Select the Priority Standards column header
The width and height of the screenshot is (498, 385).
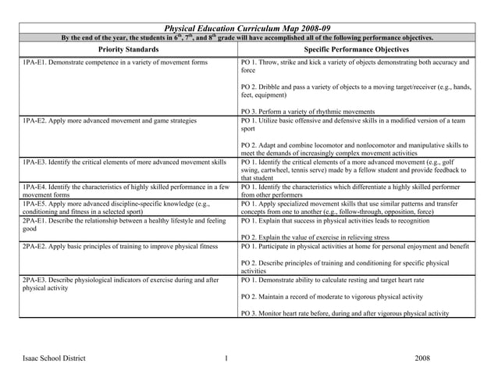tap(129, 49)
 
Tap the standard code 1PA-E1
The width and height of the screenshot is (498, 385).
tap(34, 62)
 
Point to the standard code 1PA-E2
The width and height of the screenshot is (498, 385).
tap(34, 121)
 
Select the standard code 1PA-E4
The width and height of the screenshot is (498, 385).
tap(34, 187)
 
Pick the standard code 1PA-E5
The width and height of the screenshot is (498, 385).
tap(34, 203)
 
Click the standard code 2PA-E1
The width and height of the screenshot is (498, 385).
tap(34, 220)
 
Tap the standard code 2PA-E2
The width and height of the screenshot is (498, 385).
tap(34, 246)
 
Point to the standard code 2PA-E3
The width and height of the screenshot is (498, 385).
tap(34, 280)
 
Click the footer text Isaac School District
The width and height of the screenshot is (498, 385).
tap(54, 358)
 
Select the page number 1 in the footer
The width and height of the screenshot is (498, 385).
tap(225, 358)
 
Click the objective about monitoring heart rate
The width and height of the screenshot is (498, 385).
tap(344, 313)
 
